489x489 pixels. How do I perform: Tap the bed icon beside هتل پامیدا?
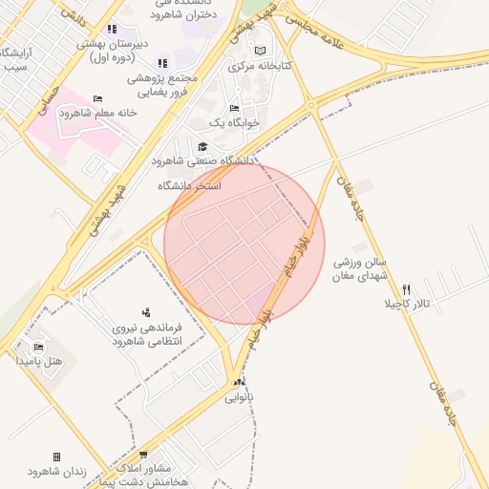(38, 347)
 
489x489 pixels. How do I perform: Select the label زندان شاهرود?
(57, 472)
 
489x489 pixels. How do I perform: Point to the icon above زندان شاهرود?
(56, 457)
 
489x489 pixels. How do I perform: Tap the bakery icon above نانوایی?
(239, 381)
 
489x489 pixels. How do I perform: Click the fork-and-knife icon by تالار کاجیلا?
(407, 289)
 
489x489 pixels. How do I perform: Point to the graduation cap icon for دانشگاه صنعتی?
(202, 146)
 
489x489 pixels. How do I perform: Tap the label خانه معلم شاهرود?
(98, 113)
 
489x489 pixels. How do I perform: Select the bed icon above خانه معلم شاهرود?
(97, 98)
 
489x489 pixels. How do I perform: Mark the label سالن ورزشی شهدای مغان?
(360, 268)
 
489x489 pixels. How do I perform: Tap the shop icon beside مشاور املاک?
(143, 455)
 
